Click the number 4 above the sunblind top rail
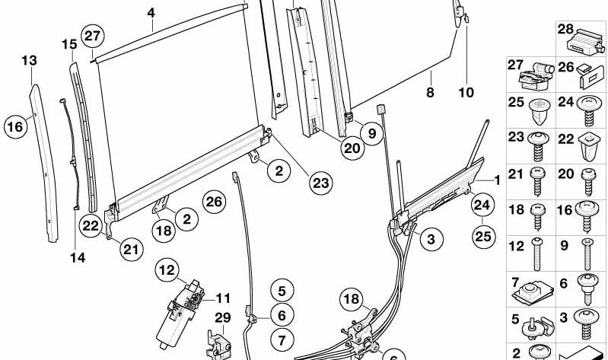click(151, 13)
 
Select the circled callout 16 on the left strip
click(15, 126)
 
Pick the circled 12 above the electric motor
click(167, 269)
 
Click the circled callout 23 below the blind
click(321, 183)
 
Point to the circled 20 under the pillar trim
click(351, 148)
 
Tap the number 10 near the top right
click(466, 93)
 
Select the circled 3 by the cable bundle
click(431, 241)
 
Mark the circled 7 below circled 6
click(281, 338)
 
